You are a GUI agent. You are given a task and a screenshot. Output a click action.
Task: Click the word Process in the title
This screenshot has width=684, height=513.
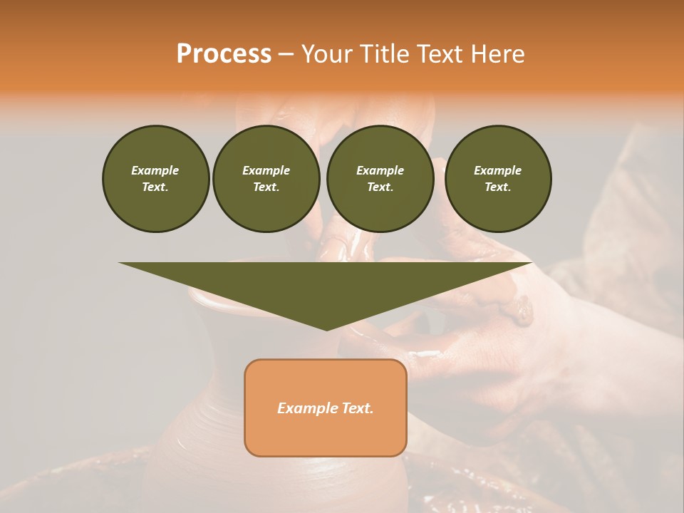[224, 54]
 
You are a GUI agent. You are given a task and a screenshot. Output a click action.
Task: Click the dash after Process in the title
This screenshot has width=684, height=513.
[286, 55]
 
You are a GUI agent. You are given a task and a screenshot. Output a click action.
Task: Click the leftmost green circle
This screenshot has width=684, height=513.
[155, 179]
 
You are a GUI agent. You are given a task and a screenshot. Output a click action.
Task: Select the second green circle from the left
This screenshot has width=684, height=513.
[266, 179]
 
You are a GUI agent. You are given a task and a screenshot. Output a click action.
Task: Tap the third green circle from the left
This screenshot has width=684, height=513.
[380, 179]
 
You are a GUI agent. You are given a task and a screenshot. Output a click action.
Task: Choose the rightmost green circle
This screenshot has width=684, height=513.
[498, 179]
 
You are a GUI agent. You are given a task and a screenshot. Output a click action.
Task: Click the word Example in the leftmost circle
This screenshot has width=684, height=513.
[155, 170]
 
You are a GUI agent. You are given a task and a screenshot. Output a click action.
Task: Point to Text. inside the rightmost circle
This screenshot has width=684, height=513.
[498, 187]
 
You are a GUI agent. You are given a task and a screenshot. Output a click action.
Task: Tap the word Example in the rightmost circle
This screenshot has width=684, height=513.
[498, 170]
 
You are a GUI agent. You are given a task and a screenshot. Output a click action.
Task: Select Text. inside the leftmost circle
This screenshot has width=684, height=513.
[155, 187]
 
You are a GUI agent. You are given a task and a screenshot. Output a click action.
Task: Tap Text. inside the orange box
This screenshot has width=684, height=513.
[358, 408]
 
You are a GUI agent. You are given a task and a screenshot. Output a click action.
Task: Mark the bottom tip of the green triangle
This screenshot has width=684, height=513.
[326, 329]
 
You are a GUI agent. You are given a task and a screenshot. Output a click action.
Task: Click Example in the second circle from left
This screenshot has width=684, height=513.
[266, 170]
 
